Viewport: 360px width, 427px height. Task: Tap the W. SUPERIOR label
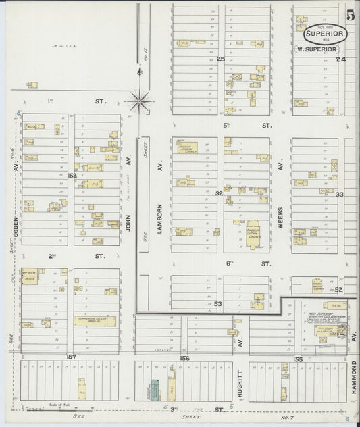point(317,49)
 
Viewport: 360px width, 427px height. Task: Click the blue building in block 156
point(154,388)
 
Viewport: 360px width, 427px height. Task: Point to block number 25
point(221,59)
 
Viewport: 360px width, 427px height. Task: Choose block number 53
point(218,304)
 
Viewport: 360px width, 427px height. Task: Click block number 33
point(340,194)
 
